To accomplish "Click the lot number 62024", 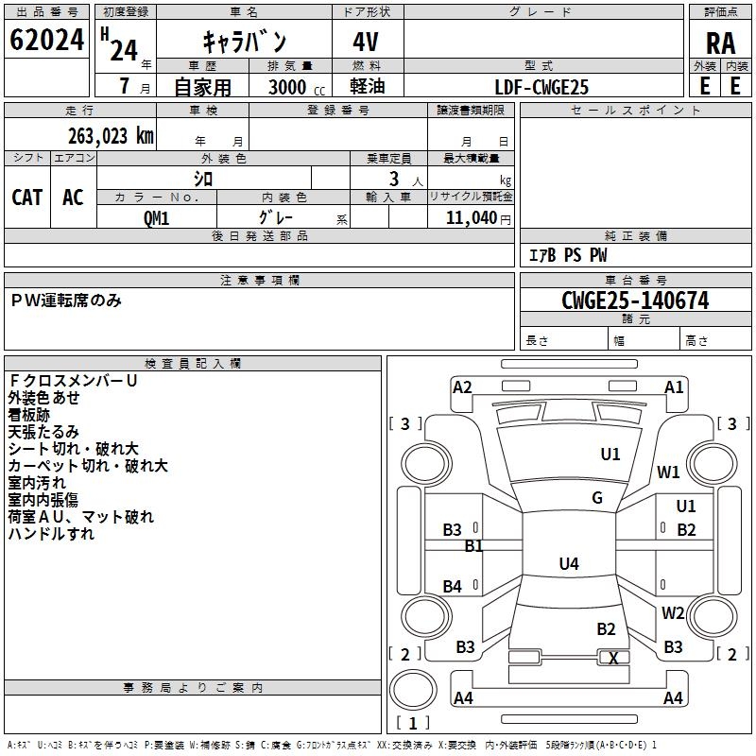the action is pos(46,40).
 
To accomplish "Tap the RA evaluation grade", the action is pos(720,43).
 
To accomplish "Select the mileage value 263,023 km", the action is pos(111,136).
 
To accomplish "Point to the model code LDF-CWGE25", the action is pos(541,87).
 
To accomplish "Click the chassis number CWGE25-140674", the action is pos(635,301).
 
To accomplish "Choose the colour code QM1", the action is pos(156,218).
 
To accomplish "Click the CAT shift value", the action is pos(27,198).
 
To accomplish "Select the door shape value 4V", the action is pos(366,42).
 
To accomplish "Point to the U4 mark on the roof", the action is pos(569,563).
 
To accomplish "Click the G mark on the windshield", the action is pos(597,498).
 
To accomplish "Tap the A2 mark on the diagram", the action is pos(462,387).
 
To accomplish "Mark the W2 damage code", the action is pos(673,612).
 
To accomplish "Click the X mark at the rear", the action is pos(613,658).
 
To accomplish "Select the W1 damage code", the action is pos(668,472).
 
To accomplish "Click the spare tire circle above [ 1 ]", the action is pos(413,690).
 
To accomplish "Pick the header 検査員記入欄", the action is pos(193,364).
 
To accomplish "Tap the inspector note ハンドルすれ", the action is pos(52,534).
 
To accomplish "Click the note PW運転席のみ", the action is pos(66,301).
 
